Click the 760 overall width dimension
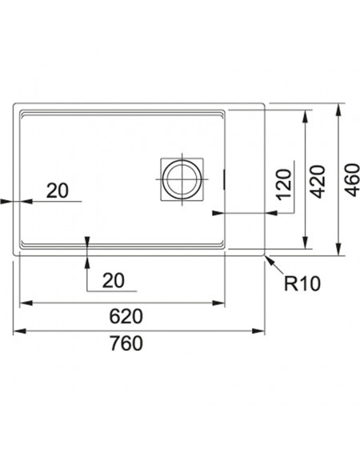(126, 344)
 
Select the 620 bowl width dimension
(126, 316)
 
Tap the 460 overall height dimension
(352, 180)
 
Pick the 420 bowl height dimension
(318, 182)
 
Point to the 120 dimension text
(284, 184)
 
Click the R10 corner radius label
(302, 283)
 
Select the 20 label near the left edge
(58, 191)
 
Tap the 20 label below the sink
(114, 280)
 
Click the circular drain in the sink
(182, 179)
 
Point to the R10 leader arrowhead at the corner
(269, 259)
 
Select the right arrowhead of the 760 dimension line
(258, 331)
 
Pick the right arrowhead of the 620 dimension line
(218, 303)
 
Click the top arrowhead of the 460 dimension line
(338, 110)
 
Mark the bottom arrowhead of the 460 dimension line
(338, 249)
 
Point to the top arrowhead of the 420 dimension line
(305, 116)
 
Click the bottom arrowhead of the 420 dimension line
(305, 243)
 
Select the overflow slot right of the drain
(224, 180)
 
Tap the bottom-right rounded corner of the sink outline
(263, 255)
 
